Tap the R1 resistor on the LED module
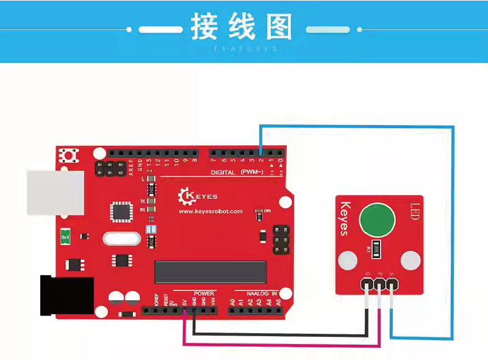coord(377,247)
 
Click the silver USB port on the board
coord(55,192)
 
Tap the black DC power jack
coord(66,295)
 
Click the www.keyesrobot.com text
coord(210,212)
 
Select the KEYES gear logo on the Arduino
coord(184,196)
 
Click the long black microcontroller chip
coord(210,272)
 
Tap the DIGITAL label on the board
coord(224,173)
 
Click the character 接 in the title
coord(204,27)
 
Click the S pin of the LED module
coord(392,284)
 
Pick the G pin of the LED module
coord(367,284)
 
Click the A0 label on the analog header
coord(232,301)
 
